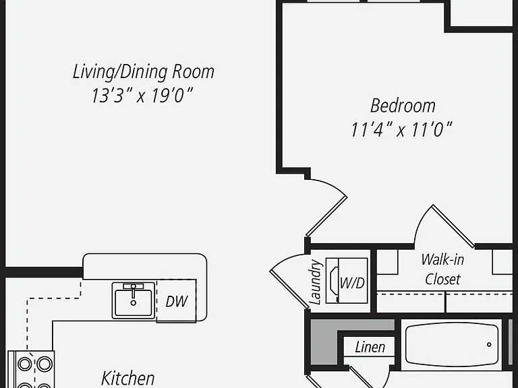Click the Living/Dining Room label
pos(144,72)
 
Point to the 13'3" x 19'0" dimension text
pos(142,96)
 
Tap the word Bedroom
pos(403,106)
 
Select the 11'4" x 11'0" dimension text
pos(401,129)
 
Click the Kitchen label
pos(128,378)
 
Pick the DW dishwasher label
pos(177,301)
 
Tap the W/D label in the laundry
pos(352,283)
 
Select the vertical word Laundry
pos(315,282)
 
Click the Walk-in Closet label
pos(442,269)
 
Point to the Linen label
pos(370,347)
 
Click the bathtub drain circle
pos(489,345)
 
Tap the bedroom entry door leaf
pos(326,216)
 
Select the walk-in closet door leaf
pos(453,226)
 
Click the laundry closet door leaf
pos(289,290)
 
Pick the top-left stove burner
pos(25,364)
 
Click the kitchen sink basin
pos(133,300)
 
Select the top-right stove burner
pos(45,364)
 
